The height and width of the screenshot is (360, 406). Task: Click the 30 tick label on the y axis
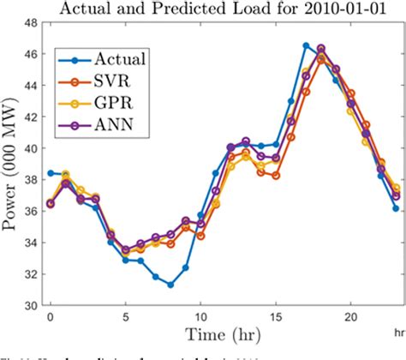pos(28,305)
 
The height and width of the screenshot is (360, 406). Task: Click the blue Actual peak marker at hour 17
pos(306,45)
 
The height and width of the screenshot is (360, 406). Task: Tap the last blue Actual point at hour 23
pos(396,208)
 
